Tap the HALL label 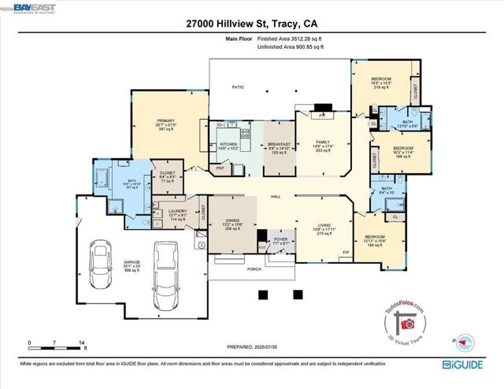tap(276, 196)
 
